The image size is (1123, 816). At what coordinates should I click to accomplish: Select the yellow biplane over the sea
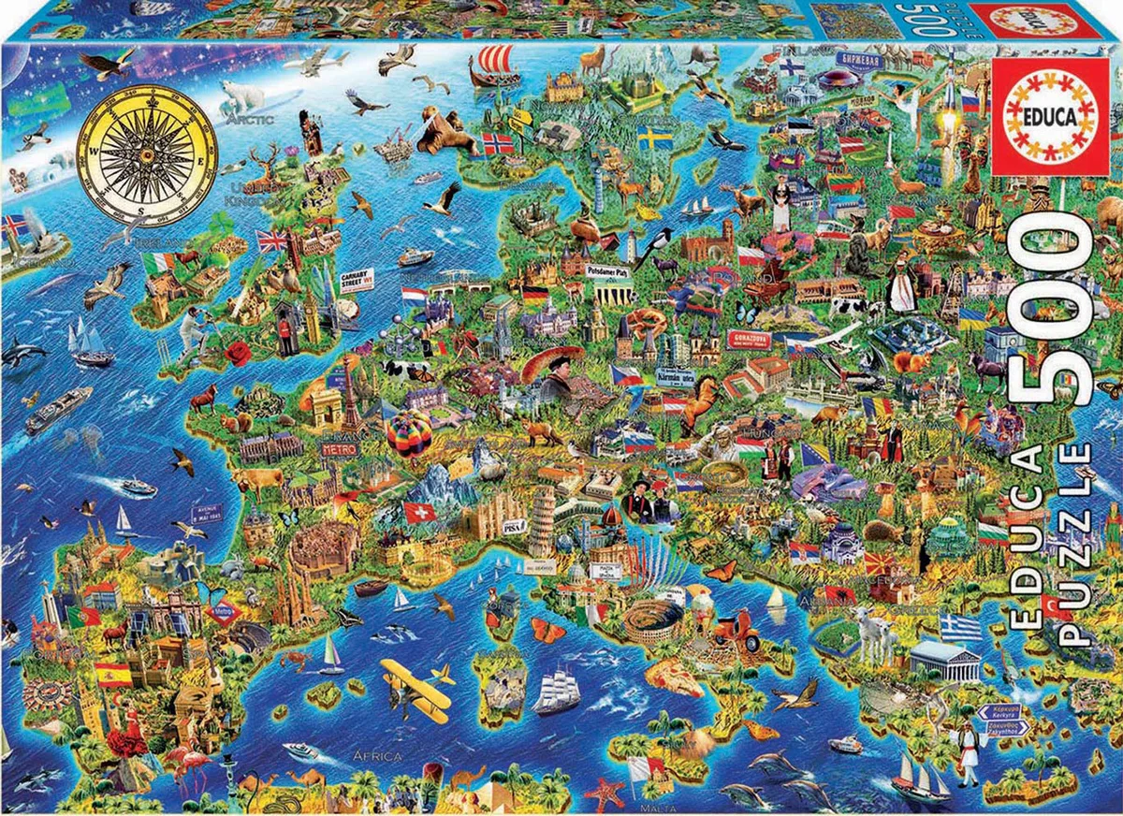tap(415, 684)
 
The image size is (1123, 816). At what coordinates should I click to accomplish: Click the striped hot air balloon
tap(409, 433)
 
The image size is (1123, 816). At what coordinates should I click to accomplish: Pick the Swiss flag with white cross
tap(419, 513)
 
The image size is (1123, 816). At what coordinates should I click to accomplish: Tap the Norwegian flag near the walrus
tap(498, 143)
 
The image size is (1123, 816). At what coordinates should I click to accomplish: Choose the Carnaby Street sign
tap(357, 280)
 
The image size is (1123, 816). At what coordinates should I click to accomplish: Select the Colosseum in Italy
tap(653, 619)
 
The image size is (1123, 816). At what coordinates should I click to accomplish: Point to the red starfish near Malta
tap(604, 794)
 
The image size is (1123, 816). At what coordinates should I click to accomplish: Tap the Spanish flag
tap(113, 674)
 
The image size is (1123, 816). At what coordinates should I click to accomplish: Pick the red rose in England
tap(239, 353)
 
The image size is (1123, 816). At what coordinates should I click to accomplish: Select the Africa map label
tap(377, 755)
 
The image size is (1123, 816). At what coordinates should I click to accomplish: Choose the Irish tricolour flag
tap(158, 263)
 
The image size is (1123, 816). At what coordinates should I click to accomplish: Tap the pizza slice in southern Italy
tap(673, 677)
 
